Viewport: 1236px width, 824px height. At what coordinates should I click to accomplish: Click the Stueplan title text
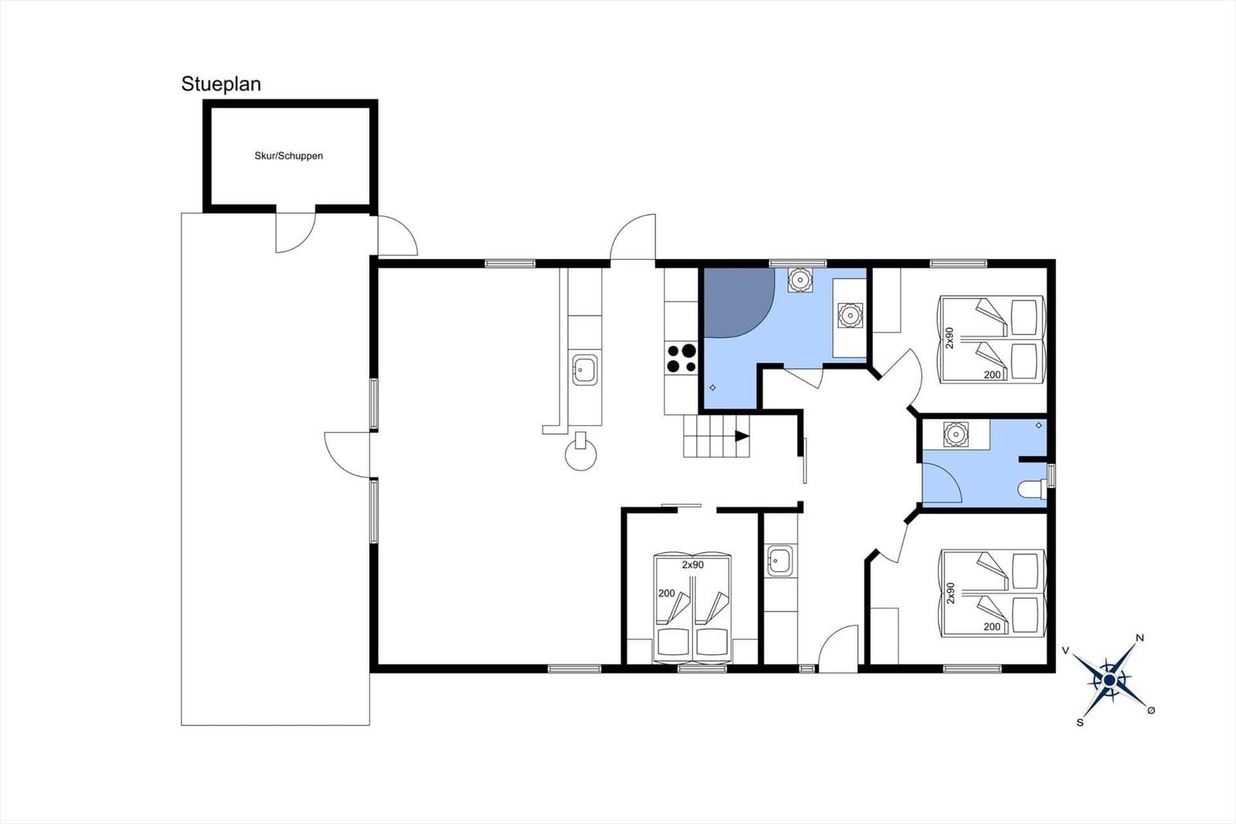coord(221,84)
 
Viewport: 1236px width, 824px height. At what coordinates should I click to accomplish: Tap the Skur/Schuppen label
coord(289,155)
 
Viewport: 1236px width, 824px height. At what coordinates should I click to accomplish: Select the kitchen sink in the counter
coord(585,369)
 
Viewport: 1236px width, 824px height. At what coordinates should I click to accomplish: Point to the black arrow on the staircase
coord(742,436)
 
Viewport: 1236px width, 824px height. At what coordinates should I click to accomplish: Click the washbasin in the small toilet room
coord(956,434)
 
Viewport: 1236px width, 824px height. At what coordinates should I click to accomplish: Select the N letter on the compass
coord(1139,638)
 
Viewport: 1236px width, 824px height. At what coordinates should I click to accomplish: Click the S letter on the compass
coord(1080,723)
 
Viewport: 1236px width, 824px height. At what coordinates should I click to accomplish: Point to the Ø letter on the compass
coord(1150,711)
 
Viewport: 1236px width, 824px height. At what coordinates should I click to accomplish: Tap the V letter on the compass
coord(1066,651)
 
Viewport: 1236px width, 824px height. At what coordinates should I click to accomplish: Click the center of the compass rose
coord(1109,680)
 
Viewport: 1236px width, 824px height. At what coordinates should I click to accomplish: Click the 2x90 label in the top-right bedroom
coord(949,338)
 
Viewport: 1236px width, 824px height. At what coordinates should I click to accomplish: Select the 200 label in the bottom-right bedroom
coord(992,627)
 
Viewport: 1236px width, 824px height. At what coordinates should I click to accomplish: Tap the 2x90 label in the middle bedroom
coord(692,565)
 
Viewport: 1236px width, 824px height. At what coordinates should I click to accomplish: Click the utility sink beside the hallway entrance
coord(779,561)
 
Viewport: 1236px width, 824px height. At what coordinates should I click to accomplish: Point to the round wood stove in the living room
coord(580,454)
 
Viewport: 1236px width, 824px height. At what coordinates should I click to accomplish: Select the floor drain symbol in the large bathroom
coord(712,388)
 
